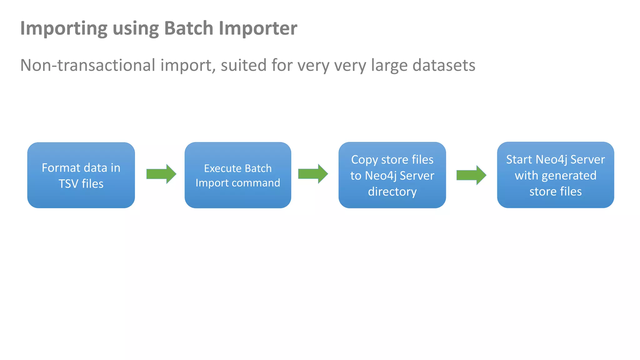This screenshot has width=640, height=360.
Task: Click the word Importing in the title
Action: point(64,29)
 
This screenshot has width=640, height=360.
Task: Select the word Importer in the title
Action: point(258,29)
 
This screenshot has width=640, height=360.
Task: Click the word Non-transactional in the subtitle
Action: point(88,65)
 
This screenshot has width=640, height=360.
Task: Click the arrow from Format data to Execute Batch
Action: point(161,174)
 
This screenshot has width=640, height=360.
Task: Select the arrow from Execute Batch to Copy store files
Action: point(313,174)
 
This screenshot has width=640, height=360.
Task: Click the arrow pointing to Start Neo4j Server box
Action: point(471,175)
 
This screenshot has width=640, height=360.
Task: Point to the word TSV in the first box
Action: point(68,184)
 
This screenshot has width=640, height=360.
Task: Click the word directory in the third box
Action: point(392,192)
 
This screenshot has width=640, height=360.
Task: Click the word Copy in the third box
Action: point(364,160)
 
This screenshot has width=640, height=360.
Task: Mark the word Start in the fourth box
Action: point(519,160)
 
